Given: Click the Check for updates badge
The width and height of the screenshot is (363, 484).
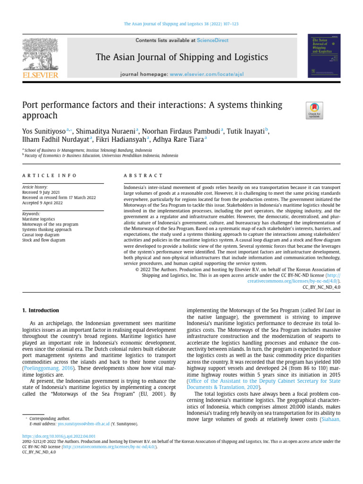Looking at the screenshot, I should [315, 110].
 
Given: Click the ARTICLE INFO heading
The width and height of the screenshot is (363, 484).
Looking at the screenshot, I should [49, 175].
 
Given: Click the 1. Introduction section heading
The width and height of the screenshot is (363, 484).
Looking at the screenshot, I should [41, 311].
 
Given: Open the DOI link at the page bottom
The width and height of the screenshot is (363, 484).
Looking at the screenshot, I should [59, 436].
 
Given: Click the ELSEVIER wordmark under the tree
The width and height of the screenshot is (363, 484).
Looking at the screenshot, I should [40, 75].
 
